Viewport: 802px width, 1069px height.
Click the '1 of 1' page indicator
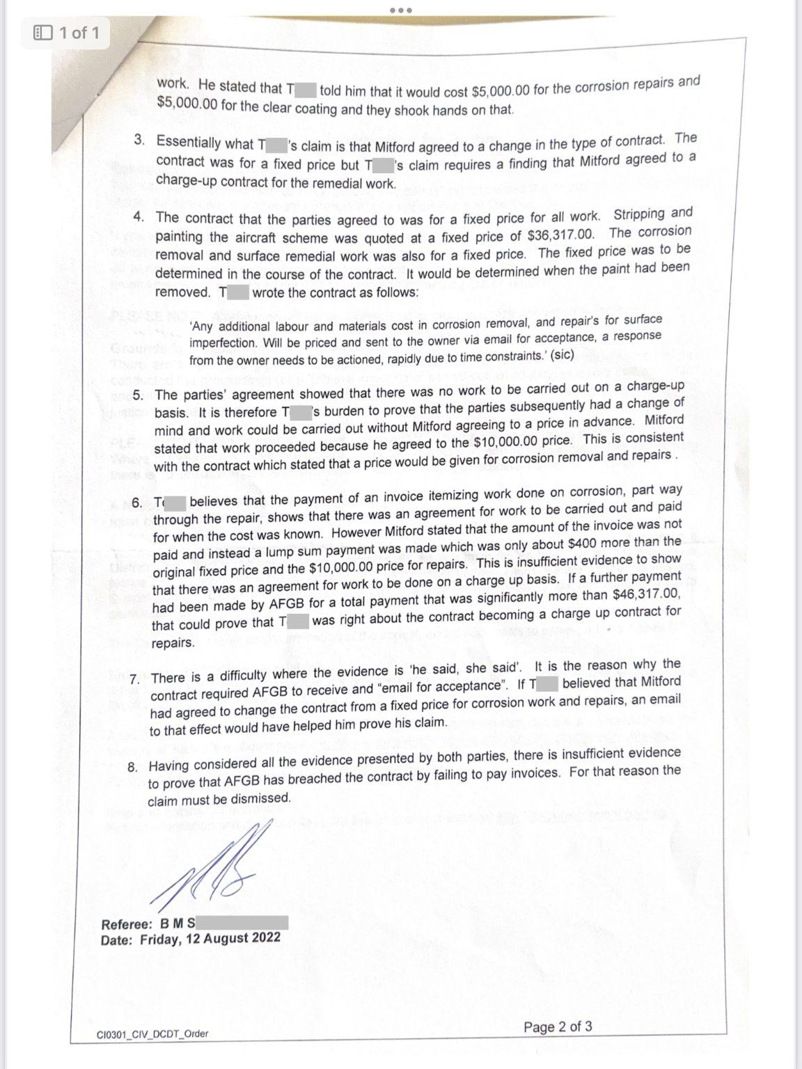tap(70, 33)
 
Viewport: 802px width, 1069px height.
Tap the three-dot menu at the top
tap(401, 10)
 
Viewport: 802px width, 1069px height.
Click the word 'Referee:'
tap(127, 925)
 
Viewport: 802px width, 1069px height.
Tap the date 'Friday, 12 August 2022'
tap(210, 938)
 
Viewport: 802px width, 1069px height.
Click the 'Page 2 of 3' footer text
tap(558, 1027)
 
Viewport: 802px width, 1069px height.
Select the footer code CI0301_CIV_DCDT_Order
tap(152, 1034)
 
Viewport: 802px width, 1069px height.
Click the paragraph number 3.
tap(140, 141)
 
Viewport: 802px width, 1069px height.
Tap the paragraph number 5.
tap(138, 395)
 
